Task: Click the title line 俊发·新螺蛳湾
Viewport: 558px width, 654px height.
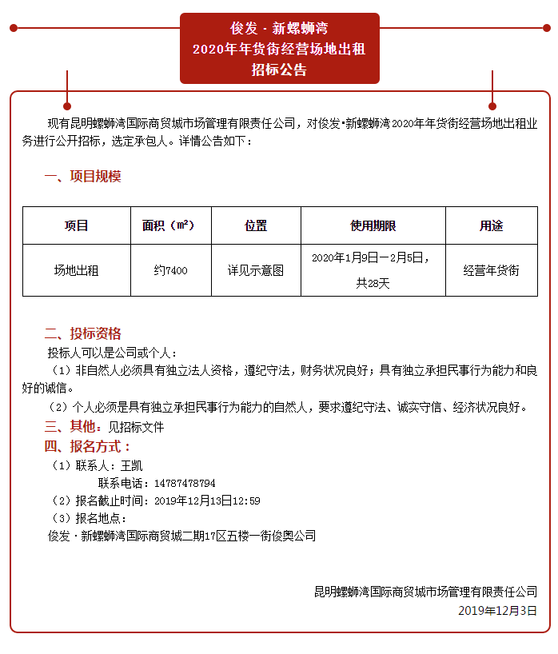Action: (279, 28)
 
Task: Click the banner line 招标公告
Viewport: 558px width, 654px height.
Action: (279, 70)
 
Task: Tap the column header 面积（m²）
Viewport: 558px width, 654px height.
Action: (170, 226)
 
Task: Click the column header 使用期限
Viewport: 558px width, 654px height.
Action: (373, 226)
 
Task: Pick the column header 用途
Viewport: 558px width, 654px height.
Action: (491, 226)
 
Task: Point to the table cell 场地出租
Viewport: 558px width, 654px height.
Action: (76, 270)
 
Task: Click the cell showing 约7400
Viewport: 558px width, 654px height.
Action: (170, 270)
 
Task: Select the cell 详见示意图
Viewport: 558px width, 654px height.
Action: (255, 270)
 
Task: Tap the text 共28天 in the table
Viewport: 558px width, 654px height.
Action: (373, 282)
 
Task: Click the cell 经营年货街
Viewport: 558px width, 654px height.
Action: (491, 270)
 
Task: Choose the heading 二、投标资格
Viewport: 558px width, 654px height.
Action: (82, 333)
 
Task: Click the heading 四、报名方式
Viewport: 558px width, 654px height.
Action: (87, 446)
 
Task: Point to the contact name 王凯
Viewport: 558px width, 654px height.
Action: (131, 465)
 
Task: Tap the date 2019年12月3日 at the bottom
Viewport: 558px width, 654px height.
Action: (497, 610)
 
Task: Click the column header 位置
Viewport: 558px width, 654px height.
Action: (255, 226)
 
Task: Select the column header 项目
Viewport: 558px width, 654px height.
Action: (76, 226)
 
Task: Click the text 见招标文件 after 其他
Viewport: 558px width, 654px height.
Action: (136, 427)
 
